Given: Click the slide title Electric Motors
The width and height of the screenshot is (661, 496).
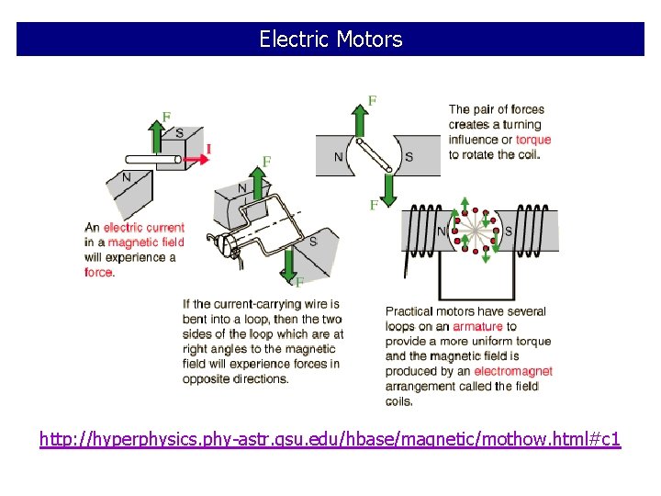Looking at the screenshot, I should point(330,39).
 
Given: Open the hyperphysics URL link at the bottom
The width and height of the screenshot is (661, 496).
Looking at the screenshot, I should point(330,440).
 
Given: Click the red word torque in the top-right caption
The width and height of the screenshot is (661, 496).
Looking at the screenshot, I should point(533,140).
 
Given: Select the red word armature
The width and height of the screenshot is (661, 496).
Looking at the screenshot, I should point(477,326).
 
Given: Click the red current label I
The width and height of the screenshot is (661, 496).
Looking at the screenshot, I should point(208,149).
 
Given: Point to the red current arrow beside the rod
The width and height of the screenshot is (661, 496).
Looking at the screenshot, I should point(192,159).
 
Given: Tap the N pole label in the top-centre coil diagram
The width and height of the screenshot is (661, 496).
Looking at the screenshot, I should point(339,157).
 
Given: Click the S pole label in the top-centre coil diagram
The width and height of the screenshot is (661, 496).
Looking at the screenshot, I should point(409,157).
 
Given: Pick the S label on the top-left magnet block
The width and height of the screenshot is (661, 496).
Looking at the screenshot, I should point(179,133).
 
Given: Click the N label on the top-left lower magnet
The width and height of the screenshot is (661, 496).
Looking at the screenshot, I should point(127,177).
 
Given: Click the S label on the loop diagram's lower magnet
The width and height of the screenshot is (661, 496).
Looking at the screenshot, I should point(312,242).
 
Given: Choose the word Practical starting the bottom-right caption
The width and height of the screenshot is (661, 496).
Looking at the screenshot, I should point(408,311).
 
